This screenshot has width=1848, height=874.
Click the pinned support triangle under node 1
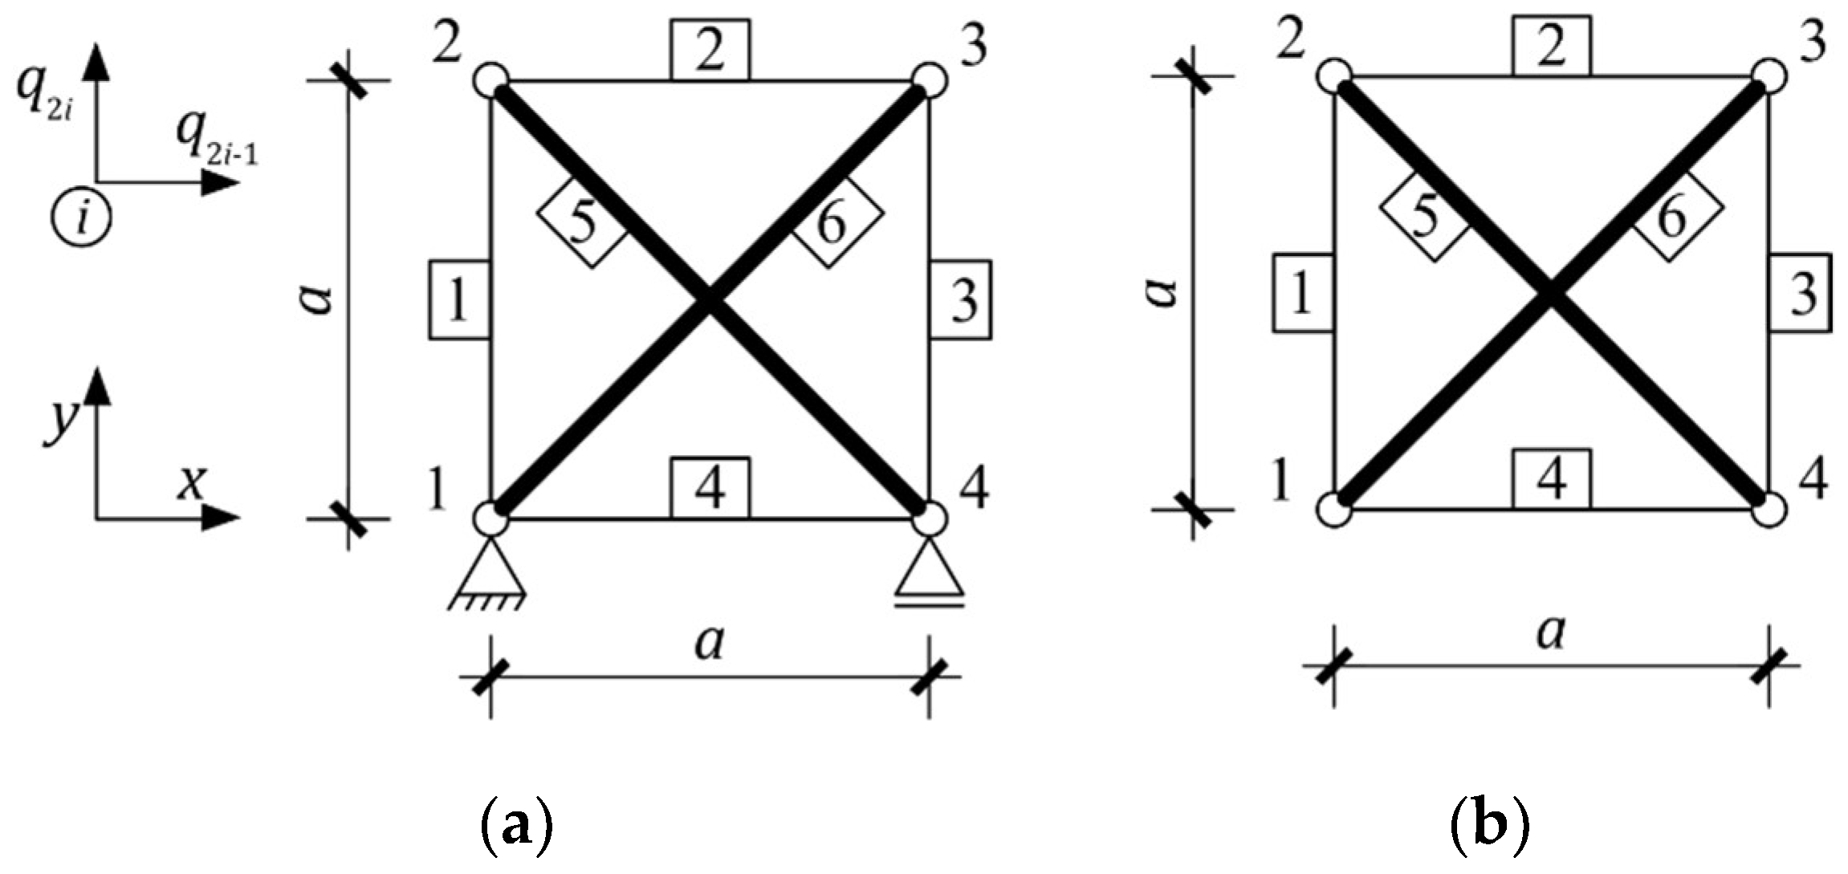pyautogui.click(x=490, y=571)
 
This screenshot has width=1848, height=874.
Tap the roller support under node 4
pyautogui.click(x=930, y=571)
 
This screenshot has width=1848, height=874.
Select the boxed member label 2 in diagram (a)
pyautogui.click(x=710, y=51)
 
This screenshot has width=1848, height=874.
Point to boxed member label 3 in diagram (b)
pyautogui.click(x=1801, y=293)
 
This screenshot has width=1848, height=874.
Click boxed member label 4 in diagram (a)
pyautogui.click(x=710, y=487)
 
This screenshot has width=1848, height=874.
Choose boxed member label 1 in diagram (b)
pyautogui.click(x=1303, y=292)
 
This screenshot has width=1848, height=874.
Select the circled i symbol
pyautogui.click(x=82, y=218)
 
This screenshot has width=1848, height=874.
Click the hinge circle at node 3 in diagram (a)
pyautogui.click(x=930, y=81)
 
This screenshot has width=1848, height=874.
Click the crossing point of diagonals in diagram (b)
pyautogui.click(x=1551, y=293)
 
